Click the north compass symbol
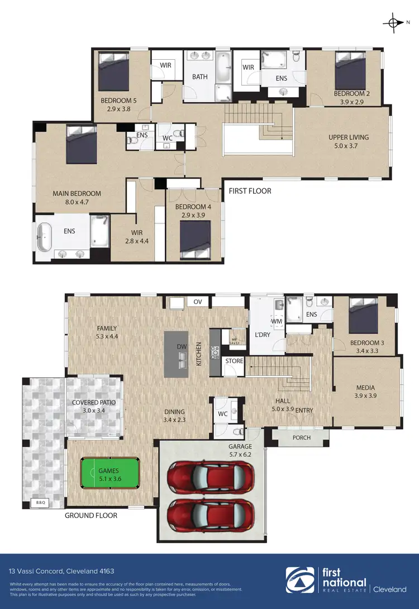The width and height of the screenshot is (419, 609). click(x=394, y=22)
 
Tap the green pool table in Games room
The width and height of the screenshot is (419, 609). click(x=109, y=474)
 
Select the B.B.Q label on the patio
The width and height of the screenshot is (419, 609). click(x=40, y=503)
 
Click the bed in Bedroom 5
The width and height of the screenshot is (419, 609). click(x=115, y=70)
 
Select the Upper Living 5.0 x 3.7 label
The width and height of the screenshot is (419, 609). click(x=348, y=141)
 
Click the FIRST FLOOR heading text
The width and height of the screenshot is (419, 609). click(x=250, y=191)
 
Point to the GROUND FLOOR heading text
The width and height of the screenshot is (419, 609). click(x=91, y=515)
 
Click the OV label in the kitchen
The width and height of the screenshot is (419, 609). click(x=197, y=302)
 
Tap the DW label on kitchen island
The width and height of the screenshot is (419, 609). click(x=181, y=347)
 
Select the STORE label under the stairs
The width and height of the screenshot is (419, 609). click(x=234, y=361)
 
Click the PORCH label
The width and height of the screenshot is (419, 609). click(x=302, y=437)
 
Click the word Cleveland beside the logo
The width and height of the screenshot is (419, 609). click(x=389, y=589)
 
